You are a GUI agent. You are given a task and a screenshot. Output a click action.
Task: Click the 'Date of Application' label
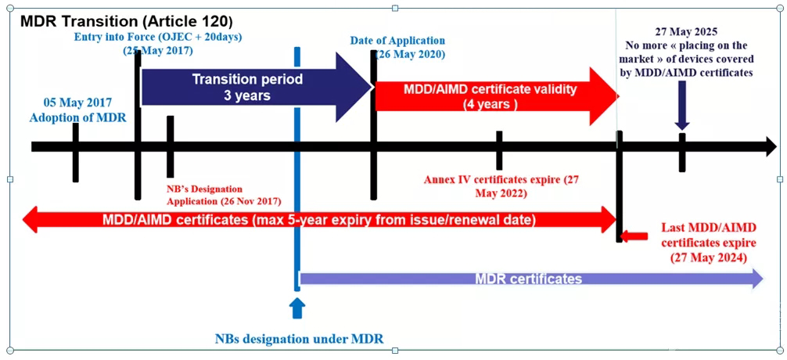(x=398, y=41)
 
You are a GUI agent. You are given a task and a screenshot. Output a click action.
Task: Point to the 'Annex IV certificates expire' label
(x=501, y=179)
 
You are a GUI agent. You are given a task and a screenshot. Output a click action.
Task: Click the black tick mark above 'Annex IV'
(x=498, y=149)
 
